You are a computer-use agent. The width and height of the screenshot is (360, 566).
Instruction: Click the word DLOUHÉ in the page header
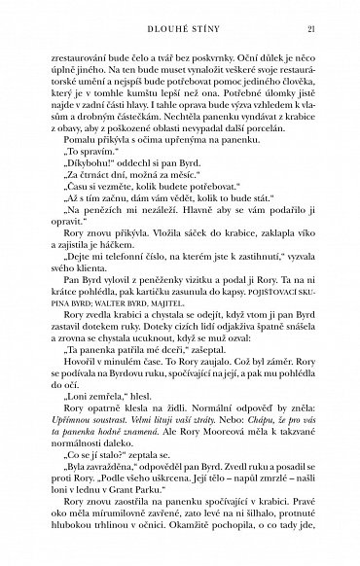[158, 29]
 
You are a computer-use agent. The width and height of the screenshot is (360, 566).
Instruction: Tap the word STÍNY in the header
[204, 29]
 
